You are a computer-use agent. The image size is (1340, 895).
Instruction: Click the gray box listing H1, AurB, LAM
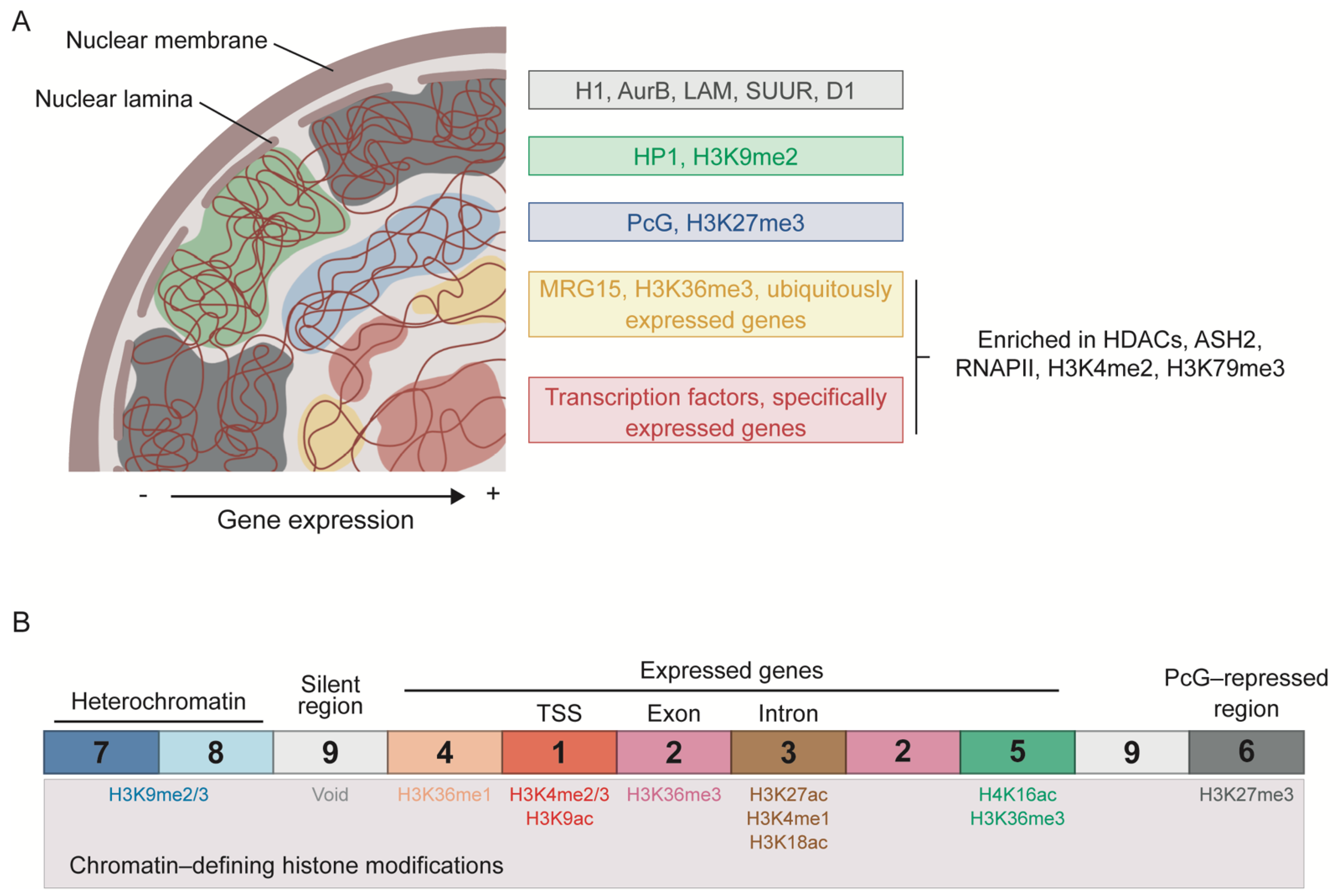[715, 90]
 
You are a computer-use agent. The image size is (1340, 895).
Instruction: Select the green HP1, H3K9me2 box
[715, 156]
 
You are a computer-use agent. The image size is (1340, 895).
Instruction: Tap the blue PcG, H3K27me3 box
[715, 222]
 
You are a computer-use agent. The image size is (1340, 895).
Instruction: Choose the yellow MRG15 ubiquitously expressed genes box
[715, 304]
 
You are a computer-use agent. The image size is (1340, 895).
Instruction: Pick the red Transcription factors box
[715, 410]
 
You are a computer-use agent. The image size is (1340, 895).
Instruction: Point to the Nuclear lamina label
[113, 99]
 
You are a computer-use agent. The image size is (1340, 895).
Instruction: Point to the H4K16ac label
[1017, 794]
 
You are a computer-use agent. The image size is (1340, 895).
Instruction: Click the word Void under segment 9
[330, 794]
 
